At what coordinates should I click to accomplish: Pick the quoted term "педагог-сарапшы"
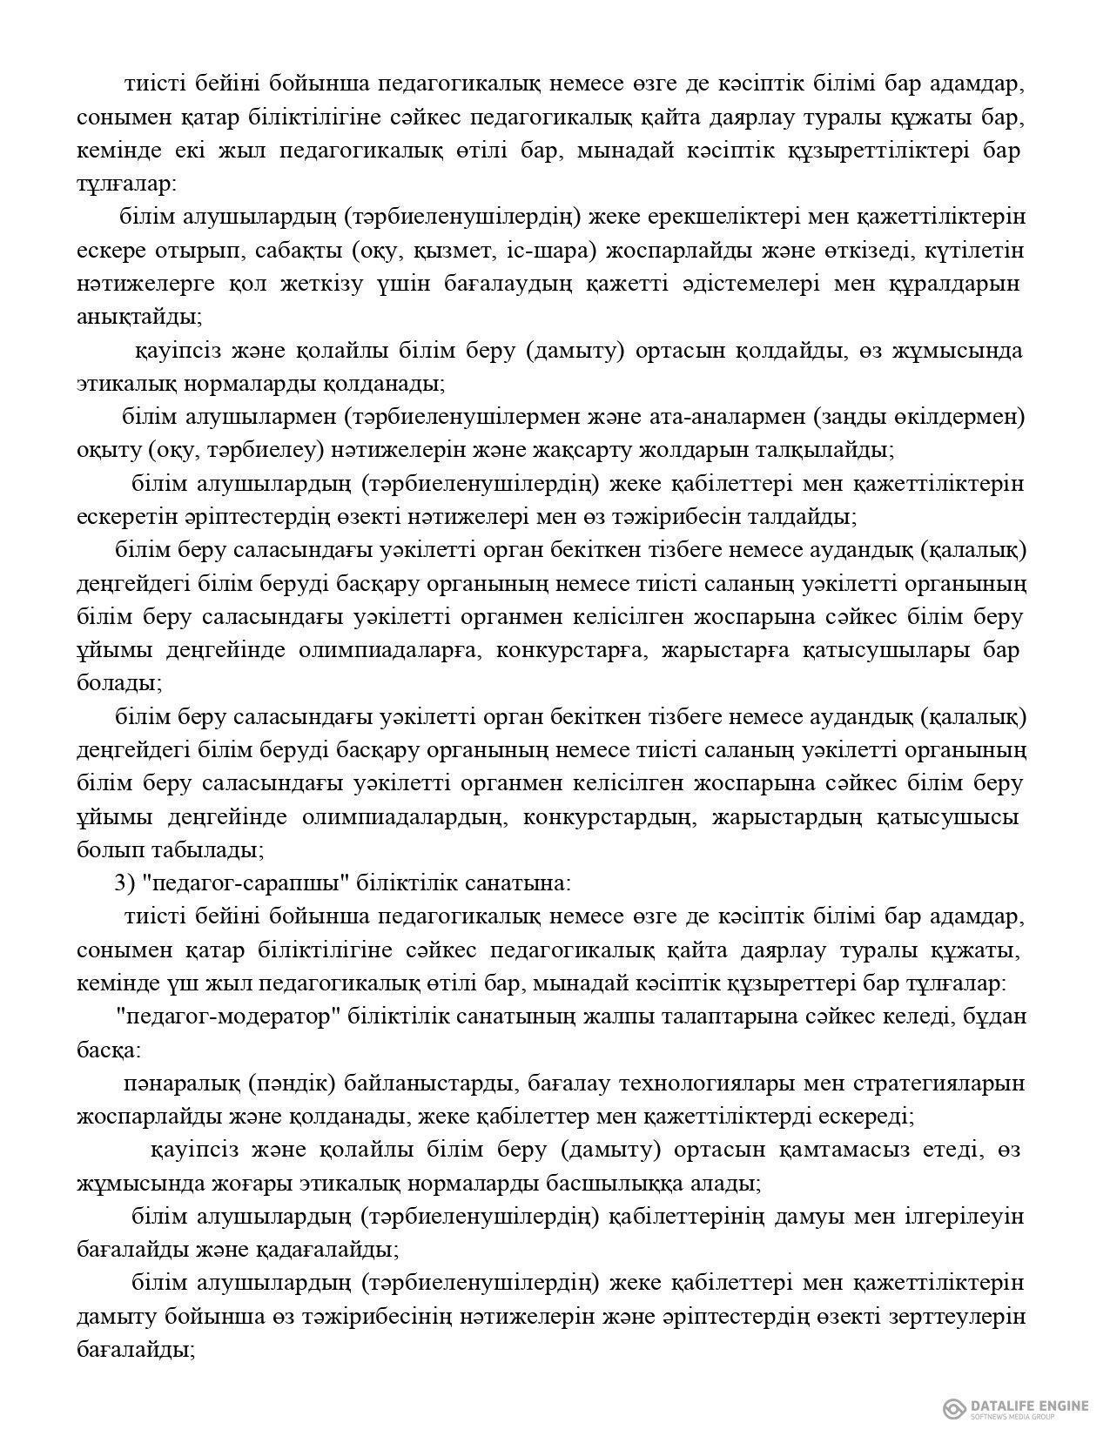pos(244,882)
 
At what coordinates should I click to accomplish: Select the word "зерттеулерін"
pos(947,1317)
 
